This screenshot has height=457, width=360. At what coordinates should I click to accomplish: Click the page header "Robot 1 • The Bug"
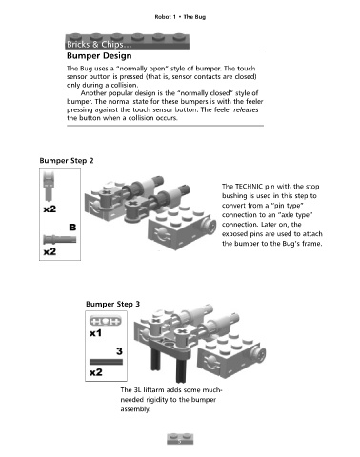click(180, 17)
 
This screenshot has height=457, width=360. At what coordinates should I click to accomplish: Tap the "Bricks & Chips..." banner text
click(99, 44)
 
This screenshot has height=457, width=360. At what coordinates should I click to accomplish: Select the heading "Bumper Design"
click(99, 56)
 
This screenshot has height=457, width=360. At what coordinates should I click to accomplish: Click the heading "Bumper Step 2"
click(67, 161)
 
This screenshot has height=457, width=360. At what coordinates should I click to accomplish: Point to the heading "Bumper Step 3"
click(112, 304)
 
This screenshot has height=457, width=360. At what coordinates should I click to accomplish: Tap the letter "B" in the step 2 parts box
click(72, 228)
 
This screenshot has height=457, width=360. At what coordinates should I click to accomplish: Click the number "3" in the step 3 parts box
click(119, 351)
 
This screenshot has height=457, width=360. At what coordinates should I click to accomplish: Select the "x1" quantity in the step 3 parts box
click(95, 333)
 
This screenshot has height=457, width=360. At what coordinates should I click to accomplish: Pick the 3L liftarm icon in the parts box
click(106, 321)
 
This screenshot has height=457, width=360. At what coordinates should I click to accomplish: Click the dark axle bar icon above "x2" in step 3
click(106, 362)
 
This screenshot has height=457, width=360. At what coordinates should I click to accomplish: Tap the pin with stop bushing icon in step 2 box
click(49, 187)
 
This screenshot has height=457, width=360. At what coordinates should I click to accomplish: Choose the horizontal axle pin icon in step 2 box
click(60, 239)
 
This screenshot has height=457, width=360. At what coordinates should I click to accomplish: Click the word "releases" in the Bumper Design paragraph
click(247, 109)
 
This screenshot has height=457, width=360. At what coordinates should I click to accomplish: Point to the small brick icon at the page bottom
click(180, 439)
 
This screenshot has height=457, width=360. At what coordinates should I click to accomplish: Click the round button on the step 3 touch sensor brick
click(259, 354)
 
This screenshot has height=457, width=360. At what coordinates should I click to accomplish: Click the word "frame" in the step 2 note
click(311, 244)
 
